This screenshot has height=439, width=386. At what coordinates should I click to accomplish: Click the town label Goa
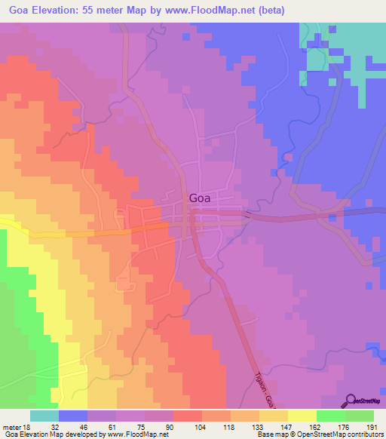199,198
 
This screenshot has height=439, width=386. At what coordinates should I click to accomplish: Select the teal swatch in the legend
44,416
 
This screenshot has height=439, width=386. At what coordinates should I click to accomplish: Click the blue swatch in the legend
73,416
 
